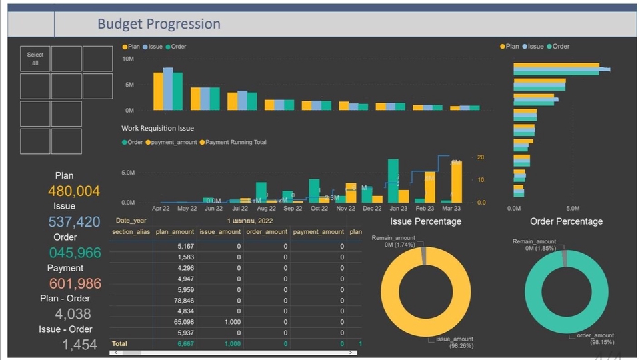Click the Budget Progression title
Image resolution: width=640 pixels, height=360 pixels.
point(159,24)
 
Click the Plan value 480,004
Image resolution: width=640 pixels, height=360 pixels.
point(74,191)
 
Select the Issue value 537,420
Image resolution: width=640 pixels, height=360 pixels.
point(74,222)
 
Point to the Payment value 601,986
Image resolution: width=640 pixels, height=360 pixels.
point(74,283)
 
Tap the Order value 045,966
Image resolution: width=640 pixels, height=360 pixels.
point(74,253)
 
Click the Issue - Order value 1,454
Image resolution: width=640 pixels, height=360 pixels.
point(80,345)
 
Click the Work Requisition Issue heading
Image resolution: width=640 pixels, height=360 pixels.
point(157,128)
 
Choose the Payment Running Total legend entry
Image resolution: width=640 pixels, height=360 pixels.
point(235,142)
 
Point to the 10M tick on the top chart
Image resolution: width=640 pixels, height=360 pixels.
point(127,59)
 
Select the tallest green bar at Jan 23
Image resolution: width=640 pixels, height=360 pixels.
point(393,181)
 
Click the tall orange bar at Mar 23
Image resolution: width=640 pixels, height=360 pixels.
point(456,182)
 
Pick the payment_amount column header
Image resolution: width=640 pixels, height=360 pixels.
point(319,232)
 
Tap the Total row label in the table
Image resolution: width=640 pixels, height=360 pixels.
point(119,343)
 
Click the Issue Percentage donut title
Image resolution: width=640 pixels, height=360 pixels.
point(425,221)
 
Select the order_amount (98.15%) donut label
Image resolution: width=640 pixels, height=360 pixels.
point(595,339)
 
